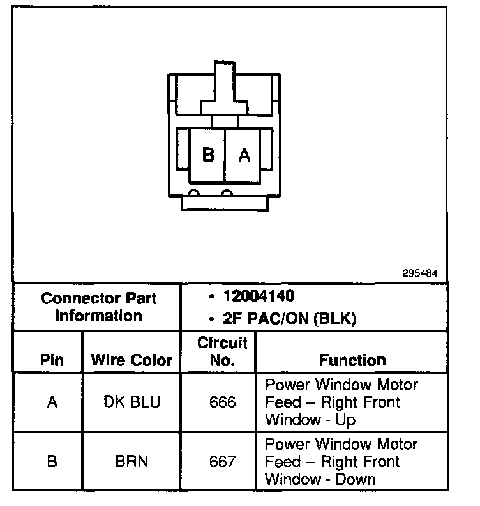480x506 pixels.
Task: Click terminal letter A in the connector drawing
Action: coord(244,155)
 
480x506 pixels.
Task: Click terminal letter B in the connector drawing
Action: coord(207,155)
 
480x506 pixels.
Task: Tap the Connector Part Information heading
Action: coord(98,307)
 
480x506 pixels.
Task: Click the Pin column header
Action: coord(52,360)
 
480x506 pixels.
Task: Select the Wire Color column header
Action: coord(131,360)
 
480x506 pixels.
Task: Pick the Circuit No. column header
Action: coord(222,351)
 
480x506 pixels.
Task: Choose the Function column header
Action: coord(352,360)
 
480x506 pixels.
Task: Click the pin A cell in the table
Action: coord(52,402)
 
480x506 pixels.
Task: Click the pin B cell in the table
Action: coord(52,461)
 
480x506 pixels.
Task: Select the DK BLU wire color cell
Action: coord(131,402)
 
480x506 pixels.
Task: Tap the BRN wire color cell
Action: coord(131,461)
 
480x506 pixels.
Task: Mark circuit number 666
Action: coord(222,402)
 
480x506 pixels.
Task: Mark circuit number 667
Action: coord(222,461)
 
